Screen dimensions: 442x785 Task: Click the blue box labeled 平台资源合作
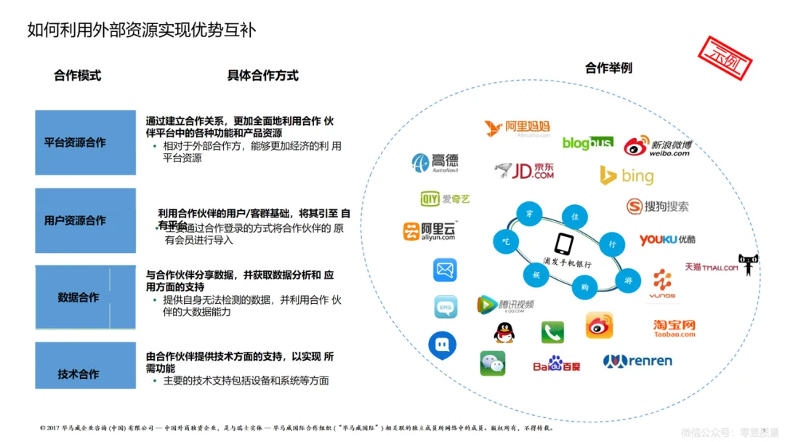[85, 142]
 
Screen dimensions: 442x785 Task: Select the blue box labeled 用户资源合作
[85, 220]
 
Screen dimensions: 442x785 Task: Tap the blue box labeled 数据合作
[85, 297]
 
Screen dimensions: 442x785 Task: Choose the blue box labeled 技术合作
[85, 374]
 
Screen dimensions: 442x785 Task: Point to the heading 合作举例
[608, 68]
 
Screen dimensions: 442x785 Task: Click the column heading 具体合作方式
[262, 76]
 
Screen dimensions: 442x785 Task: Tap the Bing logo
[627, 175]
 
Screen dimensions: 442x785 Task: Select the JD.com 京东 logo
[524, 171]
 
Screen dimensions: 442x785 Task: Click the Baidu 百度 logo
[557, 363]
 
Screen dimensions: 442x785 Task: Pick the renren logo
[637, 361]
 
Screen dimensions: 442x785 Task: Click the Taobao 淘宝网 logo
[674, 328]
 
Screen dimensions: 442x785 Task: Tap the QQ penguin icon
[504, 332]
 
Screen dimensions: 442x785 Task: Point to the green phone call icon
[552, 332]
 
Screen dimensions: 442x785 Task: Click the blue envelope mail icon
[445, 270]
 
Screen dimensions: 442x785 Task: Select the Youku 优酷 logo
[667, 239]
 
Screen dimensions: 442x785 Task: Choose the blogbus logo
[587, 143]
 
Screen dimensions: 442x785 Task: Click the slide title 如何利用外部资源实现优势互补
[142, 30]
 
